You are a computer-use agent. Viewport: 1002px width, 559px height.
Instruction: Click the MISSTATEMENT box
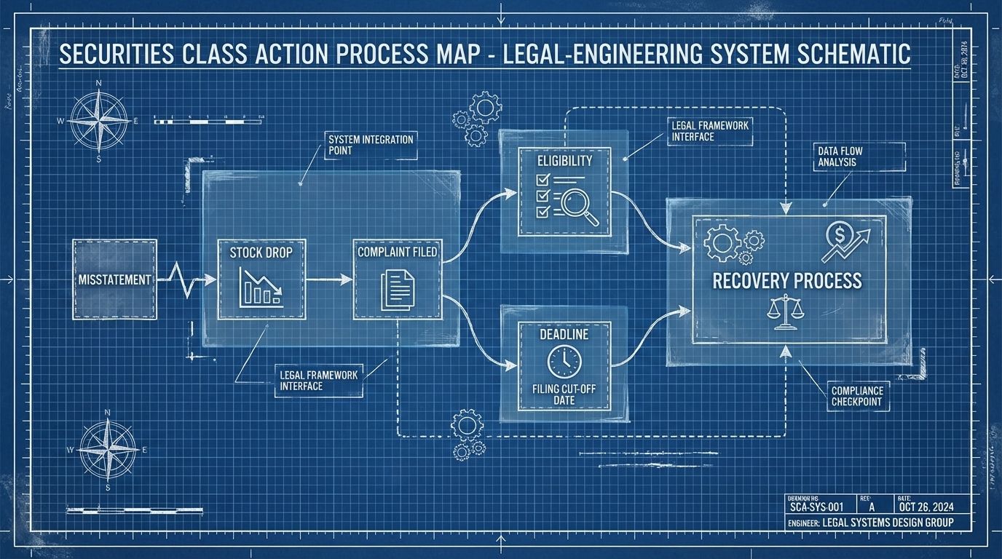[115, 279]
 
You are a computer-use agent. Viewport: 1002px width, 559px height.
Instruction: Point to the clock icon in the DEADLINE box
[564, 361]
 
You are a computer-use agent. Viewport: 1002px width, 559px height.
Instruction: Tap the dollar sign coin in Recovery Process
[835, 233]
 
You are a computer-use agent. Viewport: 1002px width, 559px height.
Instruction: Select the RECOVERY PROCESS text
[786, 281]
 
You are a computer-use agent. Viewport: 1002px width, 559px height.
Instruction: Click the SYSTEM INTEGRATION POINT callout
[371, 145]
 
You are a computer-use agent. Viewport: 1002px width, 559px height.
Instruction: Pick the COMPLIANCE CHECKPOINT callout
[856, 396]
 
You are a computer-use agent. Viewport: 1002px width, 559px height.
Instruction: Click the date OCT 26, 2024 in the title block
[926, 507]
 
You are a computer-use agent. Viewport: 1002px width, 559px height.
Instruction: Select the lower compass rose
[108, 450]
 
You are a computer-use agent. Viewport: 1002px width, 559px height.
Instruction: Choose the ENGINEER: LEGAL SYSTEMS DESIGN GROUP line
[870, 523]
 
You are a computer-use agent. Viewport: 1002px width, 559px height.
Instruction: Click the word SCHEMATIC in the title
[848, 55]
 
